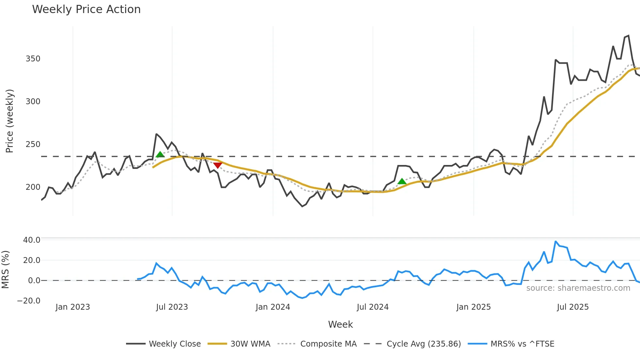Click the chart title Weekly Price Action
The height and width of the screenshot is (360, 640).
pos(86,9)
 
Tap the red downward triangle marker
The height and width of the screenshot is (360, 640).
pos(217,165)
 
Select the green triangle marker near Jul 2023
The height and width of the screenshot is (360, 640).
pos(160,155)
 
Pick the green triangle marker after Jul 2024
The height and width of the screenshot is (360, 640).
pos(402,181)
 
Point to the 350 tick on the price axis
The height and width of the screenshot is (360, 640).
pos(33,59)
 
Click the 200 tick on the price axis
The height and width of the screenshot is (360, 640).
pos(33,187)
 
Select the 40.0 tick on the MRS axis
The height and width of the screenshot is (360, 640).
pos(32,240)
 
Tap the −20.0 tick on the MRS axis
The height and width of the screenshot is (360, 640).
pos(29,301)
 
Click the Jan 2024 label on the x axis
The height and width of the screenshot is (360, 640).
pos(273,307)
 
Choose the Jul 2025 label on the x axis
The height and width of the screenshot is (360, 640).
pos(573,307)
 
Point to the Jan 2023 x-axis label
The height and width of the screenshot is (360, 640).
pos(72,307)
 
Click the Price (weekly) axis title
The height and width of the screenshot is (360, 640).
pos(10,121)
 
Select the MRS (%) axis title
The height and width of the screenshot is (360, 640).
pos(6,270)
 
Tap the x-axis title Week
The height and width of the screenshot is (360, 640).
pos(340,324)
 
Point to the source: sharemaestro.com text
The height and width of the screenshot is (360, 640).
pos(578,288)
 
